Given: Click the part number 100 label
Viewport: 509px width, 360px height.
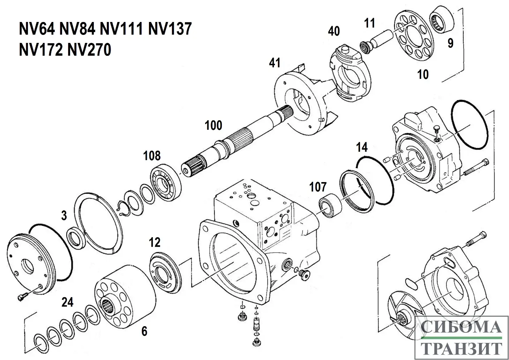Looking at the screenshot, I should point(214,125).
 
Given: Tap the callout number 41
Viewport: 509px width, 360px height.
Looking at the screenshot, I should point(275,63).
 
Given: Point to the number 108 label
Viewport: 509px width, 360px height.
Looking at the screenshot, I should point(152,156).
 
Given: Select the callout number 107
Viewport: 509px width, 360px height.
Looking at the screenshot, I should point(317,187).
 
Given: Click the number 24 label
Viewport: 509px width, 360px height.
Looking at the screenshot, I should point(67,302).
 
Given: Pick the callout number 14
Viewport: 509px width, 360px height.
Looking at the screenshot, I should point(362,147).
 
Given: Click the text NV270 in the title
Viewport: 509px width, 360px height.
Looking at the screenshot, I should point(90,50).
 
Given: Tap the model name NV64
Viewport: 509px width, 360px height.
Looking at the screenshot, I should point(37,29).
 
